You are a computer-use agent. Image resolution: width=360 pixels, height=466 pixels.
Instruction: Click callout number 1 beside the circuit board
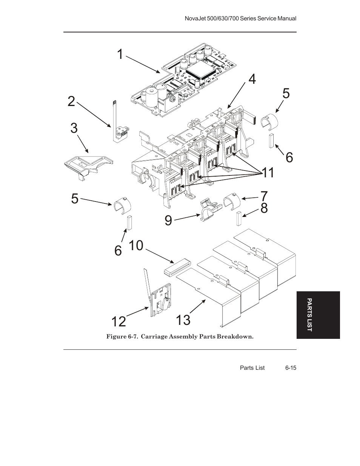[120, 54]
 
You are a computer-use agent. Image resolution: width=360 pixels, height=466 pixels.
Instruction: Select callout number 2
[71, 102]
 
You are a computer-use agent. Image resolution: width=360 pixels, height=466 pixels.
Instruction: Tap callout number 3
[74, 128]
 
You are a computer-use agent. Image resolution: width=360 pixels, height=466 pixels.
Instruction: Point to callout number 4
[252, 79]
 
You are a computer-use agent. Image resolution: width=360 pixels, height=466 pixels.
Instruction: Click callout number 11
[268, 173]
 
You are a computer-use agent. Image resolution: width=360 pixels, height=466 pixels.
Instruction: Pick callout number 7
[264, 196]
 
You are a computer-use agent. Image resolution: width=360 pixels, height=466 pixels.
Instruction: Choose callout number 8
[264, 208]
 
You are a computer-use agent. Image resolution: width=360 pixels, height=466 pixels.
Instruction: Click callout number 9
[168, 220]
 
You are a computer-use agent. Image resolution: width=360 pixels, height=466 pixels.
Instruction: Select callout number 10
[136, 245]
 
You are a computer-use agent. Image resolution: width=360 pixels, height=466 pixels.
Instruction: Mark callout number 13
[183, 320]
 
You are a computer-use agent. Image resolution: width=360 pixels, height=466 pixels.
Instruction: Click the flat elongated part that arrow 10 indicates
[177, 266]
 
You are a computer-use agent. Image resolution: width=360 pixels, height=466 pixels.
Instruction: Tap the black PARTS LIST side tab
[318, 315]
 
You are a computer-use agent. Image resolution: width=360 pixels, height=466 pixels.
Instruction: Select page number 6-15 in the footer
[291, 368]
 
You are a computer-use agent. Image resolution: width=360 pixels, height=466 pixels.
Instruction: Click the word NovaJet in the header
[194, 18]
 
